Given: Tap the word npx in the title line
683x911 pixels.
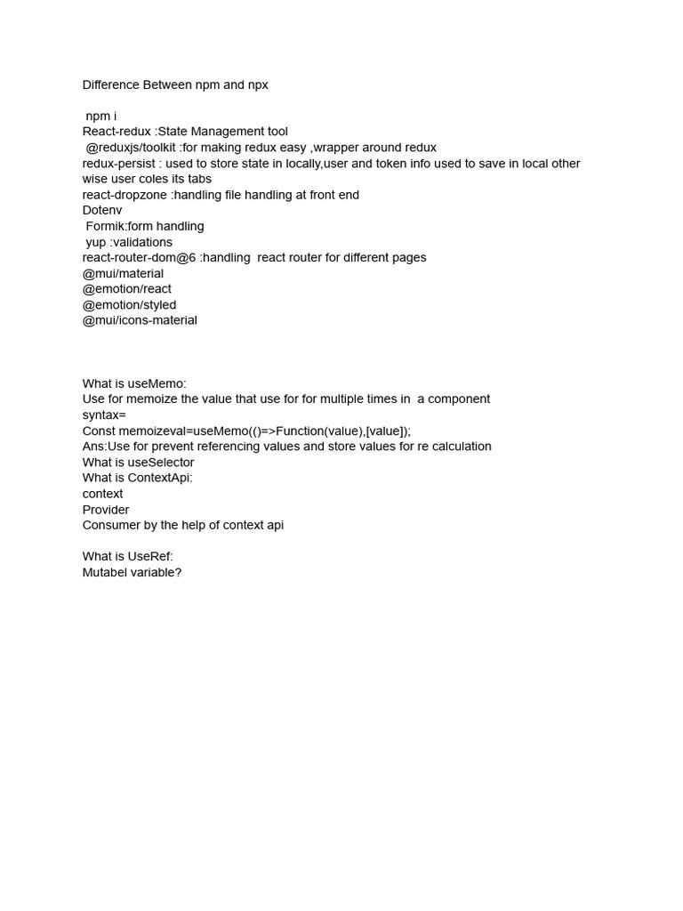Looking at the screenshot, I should pyautogui.click(x=255, y=85).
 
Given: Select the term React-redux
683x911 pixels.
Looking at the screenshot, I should pyautogui.click(x=117, y=132).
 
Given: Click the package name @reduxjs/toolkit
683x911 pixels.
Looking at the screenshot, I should pyautogui.click(x=133, y=148).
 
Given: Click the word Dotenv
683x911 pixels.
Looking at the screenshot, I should pyautogui.click(x=102, y=211).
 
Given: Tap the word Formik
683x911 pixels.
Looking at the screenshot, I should pyautogui.click(x=106, y=226).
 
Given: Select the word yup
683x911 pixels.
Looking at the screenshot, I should pyautogui.click(x=96, y=242).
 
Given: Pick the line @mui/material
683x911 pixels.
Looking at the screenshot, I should pyautogui.click(x=123, y=273).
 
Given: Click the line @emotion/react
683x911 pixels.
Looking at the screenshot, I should pyautogui.click(x=127, y=289).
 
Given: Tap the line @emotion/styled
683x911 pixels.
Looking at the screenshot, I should pyautogui.click(x=129, y=304).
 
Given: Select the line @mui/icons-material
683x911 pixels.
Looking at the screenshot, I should pyautogui.click(x=140, y=320).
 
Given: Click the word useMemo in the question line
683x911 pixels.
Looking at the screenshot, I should pyautogui.click(x=157, y=383).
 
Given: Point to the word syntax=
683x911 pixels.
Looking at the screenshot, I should pyautogui.click(x=104, y=415).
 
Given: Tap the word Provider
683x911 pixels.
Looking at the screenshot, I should pyautogui.click(x=106, y=509).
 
